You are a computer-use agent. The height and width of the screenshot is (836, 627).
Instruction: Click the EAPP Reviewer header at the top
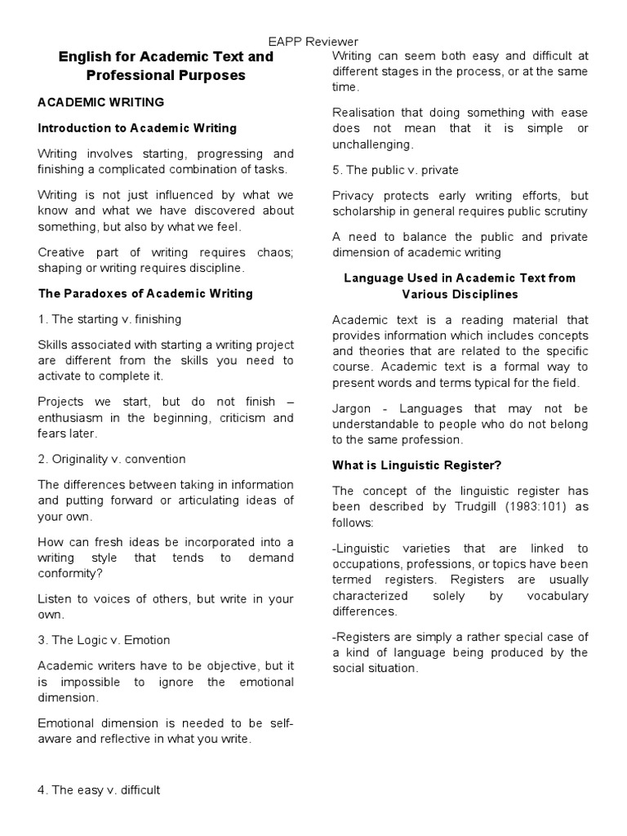(313, 42)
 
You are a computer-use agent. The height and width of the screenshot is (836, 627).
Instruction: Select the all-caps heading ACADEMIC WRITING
(101, 102)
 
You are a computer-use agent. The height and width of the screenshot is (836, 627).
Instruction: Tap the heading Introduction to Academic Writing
(137, 127)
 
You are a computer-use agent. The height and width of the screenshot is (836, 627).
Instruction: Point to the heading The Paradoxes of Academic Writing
(145, 293)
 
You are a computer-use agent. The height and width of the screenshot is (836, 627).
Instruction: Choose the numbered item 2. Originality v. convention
(112, 459)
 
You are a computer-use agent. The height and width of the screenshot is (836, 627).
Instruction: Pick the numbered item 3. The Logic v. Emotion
(104, 640)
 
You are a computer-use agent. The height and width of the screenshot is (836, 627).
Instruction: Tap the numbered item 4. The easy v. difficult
(100, 789)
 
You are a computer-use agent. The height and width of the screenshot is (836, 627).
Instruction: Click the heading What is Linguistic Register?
(416, 465)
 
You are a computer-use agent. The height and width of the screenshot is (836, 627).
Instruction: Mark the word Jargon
(352, 407)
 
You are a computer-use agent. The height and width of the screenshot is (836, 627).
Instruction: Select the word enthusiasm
(75, 418)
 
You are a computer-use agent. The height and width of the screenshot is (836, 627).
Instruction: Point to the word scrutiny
(563, 211)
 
